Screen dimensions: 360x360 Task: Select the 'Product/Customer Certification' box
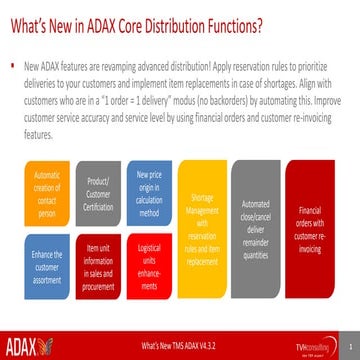point(97,188)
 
